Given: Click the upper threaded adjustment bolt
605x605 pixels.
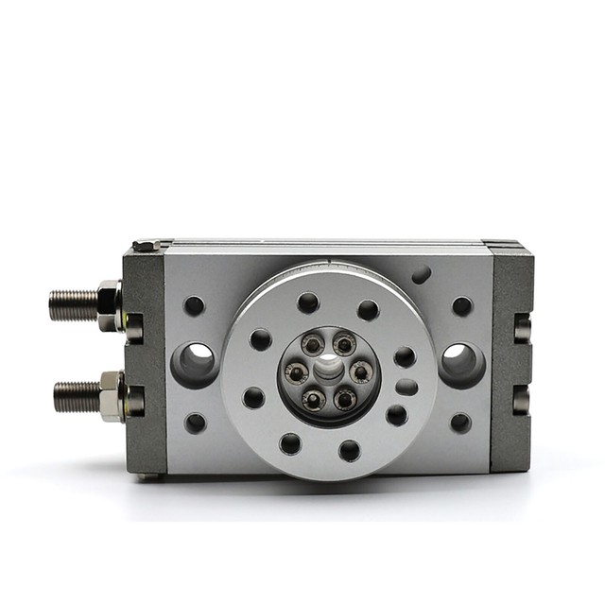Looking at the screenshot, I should tap(74, 304).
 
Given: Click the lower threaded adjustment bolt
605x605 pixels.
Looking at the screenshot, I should tap(76, 395).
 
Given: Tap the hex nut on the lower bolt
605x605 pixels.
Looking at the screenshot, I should tap(112, 395).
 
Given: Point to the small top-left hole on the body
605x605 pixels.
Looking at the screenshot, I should tap(194, 305).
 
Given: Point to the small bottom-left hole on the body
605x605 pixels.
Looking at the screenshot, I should tap(195, 423).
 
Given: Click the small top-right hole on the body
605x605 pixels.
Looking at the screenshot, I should tap(461, 306).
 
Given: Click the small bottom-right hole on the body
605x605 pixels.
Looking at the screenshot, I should tap(460, 423).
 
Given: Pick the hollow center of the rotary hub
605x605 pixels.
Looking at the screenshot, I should tap(328, 372).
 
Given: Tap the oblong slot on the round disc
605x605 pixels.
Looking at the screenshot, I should tap(406, 387).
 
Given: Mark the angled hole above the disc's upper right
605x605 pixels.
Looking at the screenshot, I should tap(421, 274).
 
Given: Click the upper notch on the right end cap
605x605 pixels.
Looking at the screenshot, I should tap(522, 327).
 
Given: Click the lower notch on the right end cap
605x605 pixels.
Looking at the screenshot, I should tap(522, 401).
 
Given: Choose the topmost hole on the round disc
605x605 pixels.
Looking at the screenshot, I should tap(308, 302).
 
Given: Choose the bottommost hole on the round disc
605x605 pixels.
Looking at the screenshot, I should tap(350, 450).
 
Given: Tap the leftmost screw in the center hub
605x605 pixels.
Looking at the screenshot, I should tap(297, 372).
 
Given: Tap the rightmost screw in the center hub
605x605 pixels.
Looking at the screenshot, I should tap(360, 372).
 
